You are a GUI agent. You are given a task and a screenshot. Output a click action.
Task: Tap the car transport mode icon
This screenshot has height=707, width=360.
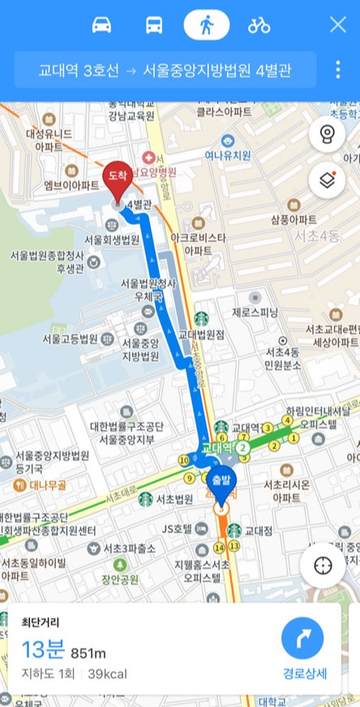pyautogui.click(x=101, y=25)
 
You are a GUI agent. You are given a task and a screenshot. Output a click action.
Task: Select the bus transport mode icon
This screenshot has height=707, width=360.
pyautogui.click(x=154, y=25)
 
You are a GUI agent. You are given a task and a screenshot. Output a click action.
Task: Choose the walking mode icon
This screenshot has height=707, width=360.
pyautogui.click(x=207, y=25)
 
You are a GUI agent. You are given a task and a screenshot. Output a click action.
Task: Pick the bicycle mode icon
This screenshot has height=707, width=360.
pyautogui.click(x=259, y=25)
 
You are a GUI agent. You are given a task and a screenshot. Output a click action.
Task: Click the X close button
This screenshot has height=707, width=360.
pyautogui.click(x=337, y=25)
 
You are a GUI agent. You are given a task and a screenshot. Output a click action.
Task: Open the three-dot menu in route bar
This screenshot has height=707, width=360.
pyautogui.click(x=338, y=70)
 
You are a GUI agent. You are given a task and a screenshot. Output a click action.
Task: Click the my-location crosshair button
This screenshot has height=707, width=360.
pyautogui.click(x=322, y=565)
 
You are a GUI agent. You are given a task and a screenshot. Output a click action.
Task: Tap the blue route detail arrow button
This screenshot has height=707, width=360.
pyautogui.click(x=303, y=639)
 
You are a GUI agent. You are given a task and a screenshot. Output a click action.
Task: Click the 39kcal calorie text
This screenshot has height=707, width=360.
pyautogui.click(x=108, y=673)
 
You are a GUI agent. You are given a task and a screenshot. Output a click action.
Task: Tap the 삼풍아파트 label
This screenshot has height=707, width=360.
pyautogui.click(x=294, y=220)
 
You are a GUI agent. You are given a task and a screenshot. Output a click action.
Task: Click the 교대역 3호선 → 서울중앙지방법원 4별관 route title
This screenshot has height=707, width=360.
pyautogui.click(x=165, y=70)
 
